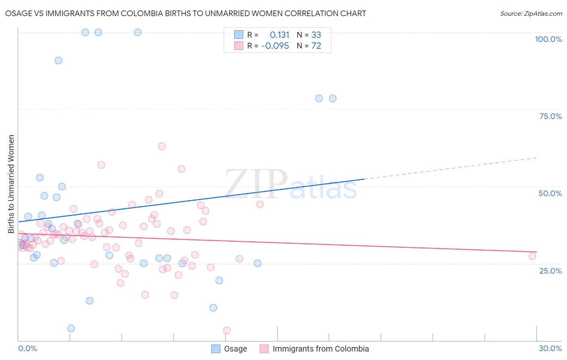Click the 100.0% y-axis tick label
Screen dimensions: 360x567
(x=548, y=39)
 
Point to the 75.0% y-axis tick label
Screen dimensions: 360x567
(x=550, y=116)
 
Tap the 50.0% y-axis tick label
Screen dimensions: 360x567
(x=550, y=193)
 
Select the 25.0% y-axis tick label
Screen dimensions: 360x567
(x=550, y=270)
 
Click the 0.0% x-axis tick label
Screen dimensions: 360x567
(x=27, y=348)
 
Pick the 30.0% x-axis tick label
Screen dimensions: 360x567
(x=550, y=348)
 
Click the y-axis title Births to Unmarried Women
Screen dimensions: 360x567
(x=11, y=184)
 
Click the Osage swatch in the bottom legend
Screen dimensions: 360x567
(x=216, y=349)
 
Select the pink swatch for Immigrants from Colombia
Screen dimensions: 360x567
(x=264, y=349)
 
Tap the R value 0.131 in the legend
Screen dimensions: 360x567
(x=279, y=35)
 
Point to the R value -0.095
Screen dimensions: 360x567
(x=275, y=46)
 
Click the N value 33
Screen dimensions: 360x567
(x=316, y=35)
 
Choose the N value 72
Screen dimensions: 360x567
(x=316, y=46)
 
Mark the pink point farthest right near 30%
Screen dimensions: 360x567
(x=532, y=256)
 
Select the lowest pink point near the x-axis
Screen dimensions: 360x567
(x=227, y=331)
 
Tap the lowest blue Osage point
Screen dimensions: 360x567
(x=71, y=328)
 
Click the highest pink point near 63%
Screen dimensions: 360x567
(x=162, y=146)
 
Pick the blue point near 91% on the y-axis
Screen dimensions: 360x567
(x=58, y=61)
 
